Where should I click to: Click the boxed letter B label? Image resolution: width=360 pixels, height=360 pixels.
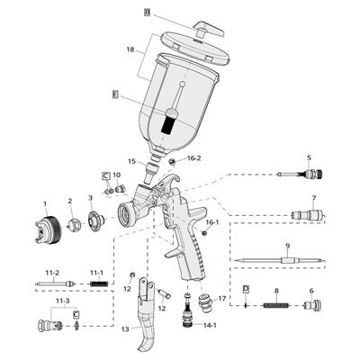click(x=147, y=13)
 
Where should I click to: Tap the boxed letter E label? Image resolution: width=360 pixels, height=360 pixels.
click(x=114, y=94)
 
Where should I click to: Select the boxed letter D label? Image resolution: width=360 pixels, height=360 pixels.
click(x=246, y=289)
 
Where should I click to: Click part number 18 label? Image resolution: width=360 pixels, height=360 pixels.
click(x=130, y=49)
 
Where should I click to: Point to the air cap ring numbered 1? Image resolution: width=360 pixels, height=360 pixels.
click(x=48, y=229)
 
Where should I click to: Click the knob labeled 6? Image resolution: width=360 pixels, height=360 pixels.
click(x=313, y=305)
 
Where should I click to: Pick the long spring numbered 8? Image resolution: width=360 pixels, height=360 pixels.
click(x=276, y=306)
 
